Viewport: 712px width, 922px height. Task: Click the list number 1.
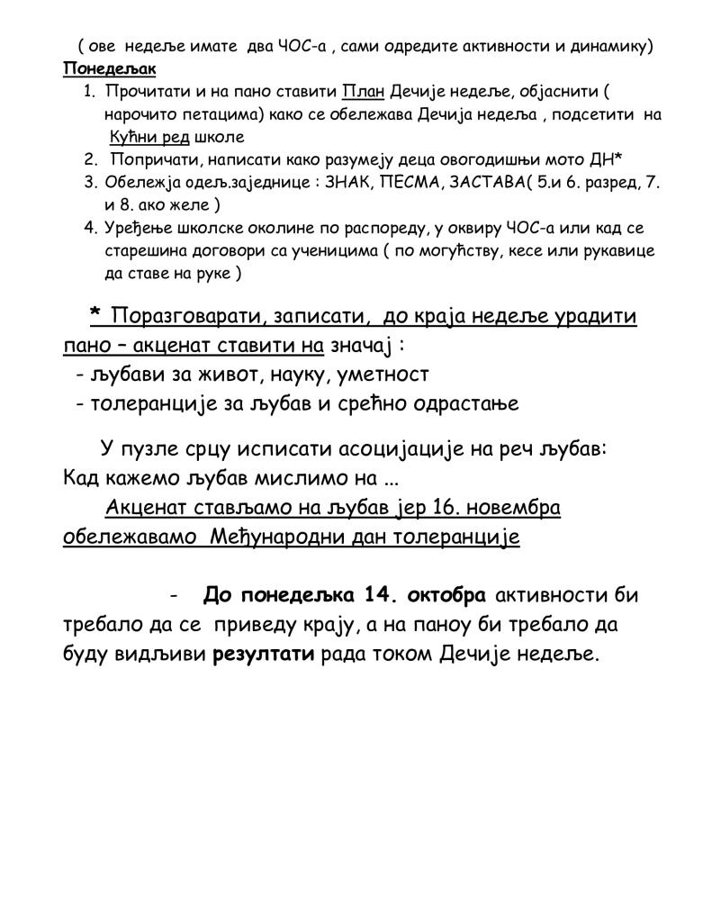pyautogui.click(x=89, y=92)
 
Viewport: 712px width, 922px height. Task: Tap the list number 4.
pyautogui.click(x=89, y=229)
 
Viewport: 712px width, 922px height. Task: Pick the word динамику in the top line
pyautogui.click(x=608, y=46)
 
